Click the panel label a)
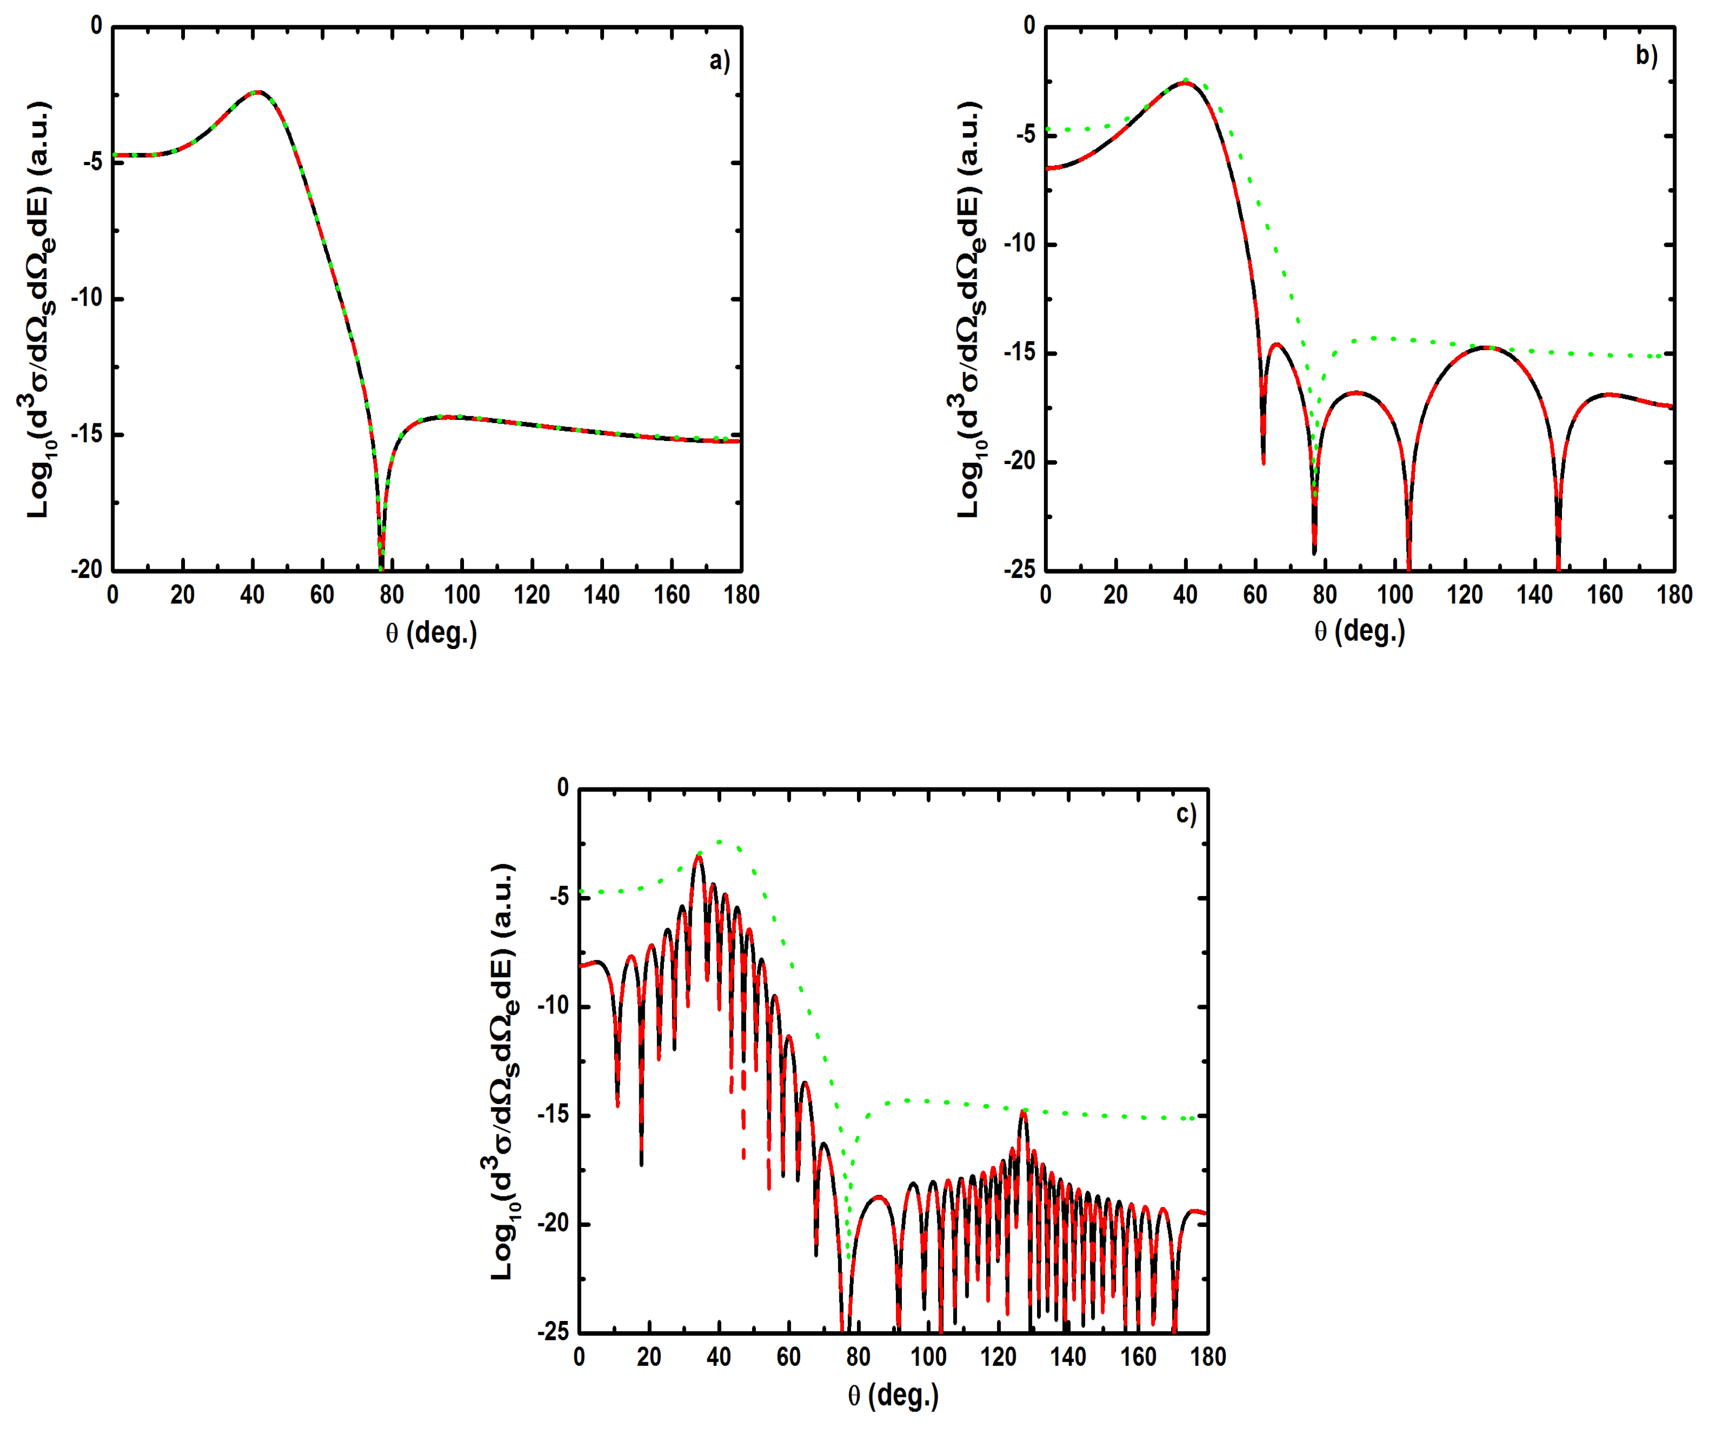click(720, 61)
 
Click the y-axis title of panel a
click(39, 309)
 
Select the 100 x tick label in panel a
click(461, 595)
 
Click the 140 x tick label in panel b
click(1535, 595)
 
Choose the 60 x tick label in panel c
click(788, 1357)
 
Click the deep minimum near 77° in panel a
click(381, 561)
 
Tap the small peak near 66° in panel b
click(1276, 344)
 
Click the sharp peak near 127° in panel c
click(1024, 1111)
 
